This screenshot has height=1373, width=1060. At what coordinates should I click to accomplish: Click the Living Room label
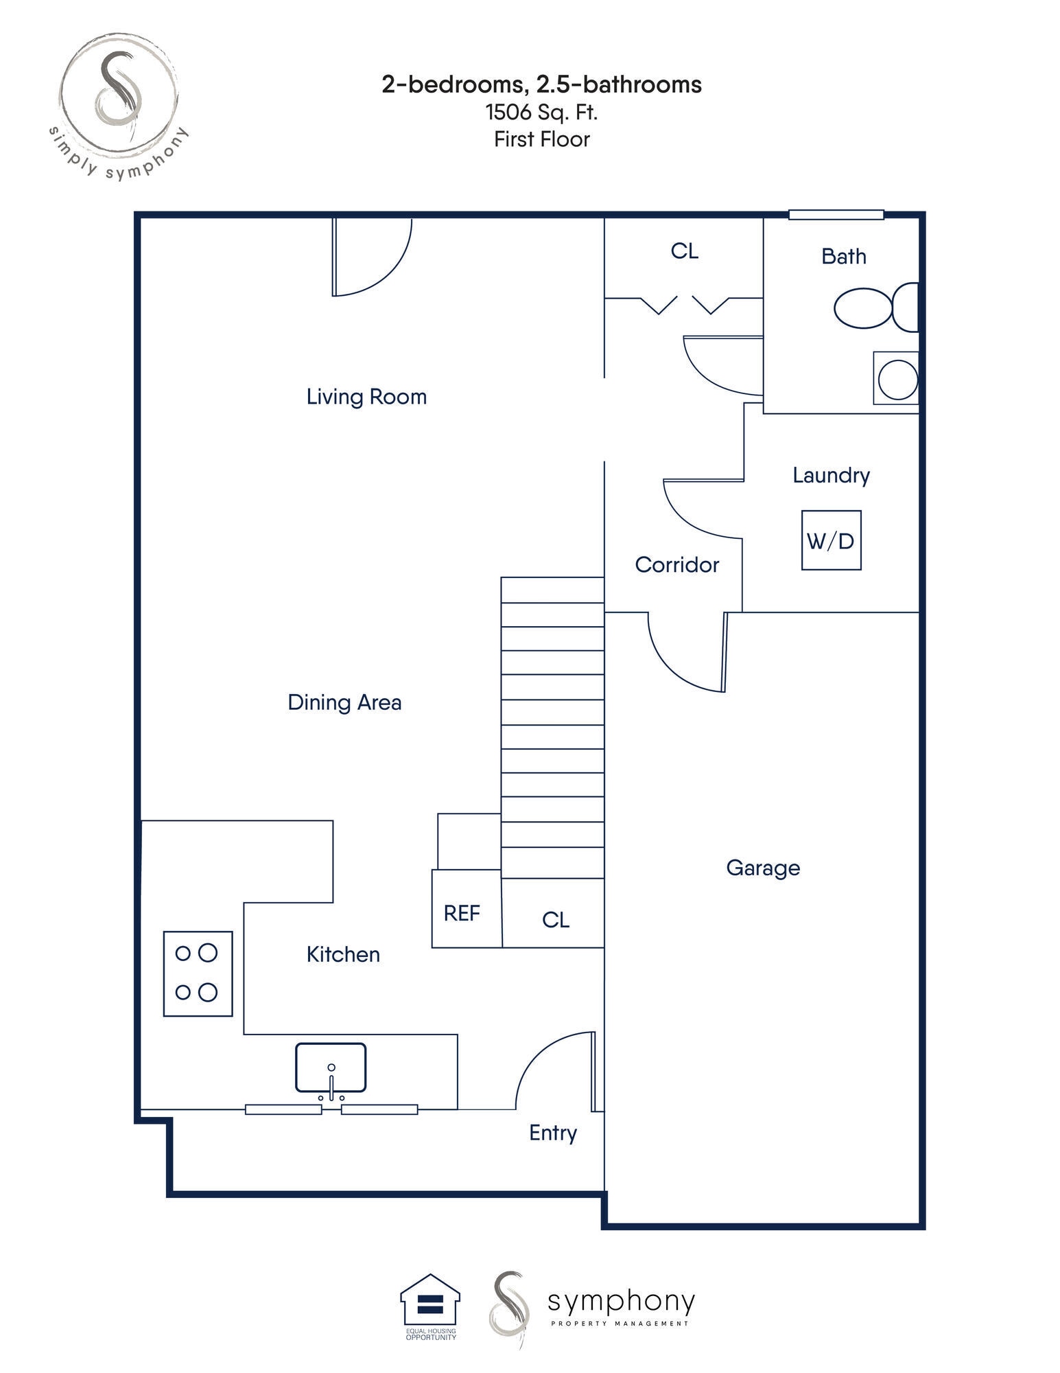point(366,396)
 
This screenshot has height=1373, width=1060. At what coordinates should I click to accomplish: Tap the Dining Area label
point(344,702)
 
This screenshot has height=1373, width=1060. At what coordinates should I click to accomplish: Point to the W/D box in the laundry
point(830,540)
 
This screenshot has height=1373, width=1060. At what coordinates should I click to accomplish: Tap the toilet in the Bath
point(874,308)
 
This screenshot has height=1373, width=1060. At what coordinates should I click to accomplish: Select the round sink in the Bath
point(897,378)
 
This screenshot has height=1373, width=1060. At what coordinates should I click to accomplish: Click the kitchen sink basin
point(330,1068)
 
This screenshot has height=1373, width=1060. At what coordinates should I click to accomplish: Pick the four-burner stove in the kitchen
point(198,973)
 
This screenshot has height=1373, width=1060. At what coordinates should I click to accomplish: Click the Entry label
point(552,1132)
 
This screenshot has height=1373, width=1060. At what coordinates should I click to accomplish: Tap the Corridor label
point(676,564)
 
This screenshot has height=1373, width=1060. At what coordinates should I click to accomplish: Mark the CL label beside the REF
point(555,919)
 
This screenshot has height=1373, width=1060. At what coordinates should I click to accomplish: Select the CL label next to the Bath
point(684,251)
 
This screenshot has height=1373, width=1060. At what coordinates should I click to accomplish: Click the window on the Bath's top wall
point(835,215)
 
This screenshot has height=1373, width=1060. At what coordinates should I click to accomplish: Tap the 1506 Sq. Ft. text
point(541,112)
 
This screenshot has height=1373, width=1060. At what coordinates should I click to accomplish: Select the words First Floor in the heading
point(541,139)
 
